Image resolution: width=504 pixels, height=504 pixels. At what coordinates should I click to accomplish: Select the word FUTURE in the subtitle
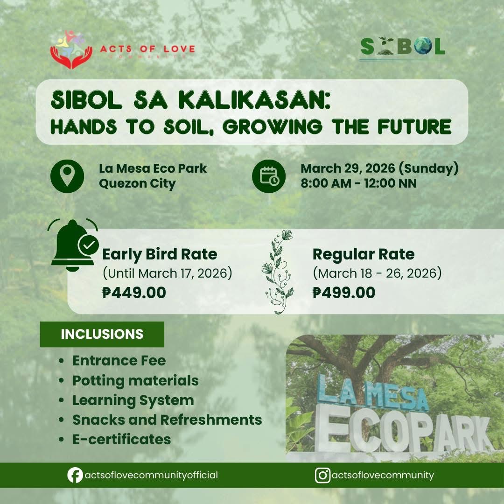click(x=415, y=126)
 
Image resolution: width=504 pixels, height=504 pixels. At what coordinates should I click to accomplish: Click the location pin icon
click(x=67, y=176)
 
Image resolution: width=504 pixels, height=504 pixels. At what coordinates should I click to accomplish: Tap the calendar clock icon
click(x=269, y=176)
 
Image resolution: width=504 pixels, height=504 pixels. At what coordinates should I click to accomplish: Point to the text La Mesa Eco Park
click(x=153, y=168)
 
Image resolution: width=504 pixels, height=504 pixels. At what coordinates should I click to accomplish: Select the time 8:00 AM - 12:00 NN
click(x=359, y=183)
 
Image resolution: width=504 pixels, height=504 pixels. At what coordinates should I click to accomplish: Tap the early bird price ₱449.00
click(x=134, y=293)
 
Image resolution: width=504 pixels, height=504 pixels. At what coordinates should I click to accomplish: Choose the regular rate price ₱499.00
click(x=344, y=293)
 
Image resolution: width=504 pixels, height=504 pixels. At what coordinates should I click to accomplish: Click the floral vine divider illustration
click(x=278, y=272)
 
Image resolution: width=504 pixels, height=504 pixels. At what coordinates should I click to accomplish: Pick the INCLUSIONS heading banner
click(x=102, y=334)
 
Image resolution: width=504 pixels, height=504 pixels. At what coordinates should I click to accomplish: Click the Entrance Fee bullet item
click(x=119, y=361)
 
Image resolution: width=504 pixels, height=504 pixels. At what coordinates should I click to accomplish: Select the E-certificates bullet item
click(x=121, y=440)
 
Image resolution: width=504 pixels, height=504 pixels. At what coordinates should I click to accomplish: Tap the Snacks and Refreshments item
click(x=167, y=420)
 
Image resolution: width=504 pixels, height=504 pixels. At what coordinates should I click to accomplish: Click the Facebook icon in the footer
click(x=75, y=475)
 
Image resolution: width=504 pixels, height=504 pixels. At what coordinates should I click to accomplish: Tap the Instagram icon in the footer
click(x=322, y=475)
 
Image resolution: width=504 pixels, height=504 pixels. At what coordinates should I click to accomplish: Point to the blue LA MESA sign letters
click(x=373, y=393)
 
